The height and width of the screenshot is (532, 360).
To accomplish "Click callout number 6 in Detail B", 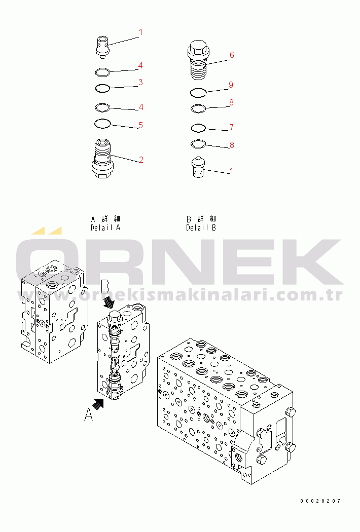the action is (232, 55).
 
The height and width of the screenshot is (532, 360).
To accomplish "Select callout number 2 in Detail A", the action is (141, 160).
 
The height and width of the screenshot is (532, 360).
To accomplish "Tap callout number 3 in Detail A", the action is (140, 83).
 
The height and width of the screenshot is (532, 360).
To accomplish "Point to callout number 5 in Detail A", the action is (140, 125).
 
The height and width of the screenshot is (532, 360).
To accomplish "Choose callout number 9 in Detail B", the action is (231, 85).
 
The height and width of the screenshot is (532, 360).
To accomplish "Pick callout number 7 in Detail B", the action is (232, 127).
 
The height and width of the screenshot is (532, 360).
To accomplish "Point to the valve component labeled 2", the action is (102, 159).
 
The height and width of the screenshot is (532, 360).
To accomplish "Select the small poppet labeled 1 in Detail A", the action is (102, 46).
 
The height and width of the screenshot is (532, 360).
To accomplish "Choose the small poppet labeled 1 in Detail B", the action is (199, 167).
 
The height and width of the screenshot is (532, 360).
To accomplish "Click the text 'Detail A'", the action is (105, 227).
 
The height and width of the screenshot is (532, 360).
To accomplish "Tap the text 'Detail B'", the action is (201, 227).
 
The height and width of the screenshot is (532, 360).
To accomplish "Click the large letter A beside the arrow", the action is (89, 414).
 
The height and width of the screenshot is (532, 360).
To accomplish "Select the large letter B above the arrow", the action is (105, 288).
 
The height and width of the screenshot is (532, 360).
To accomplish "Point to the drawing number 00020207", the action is (320, 501).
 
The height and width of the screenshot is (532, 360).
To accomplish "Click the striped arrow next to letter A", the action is (98, 404).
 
